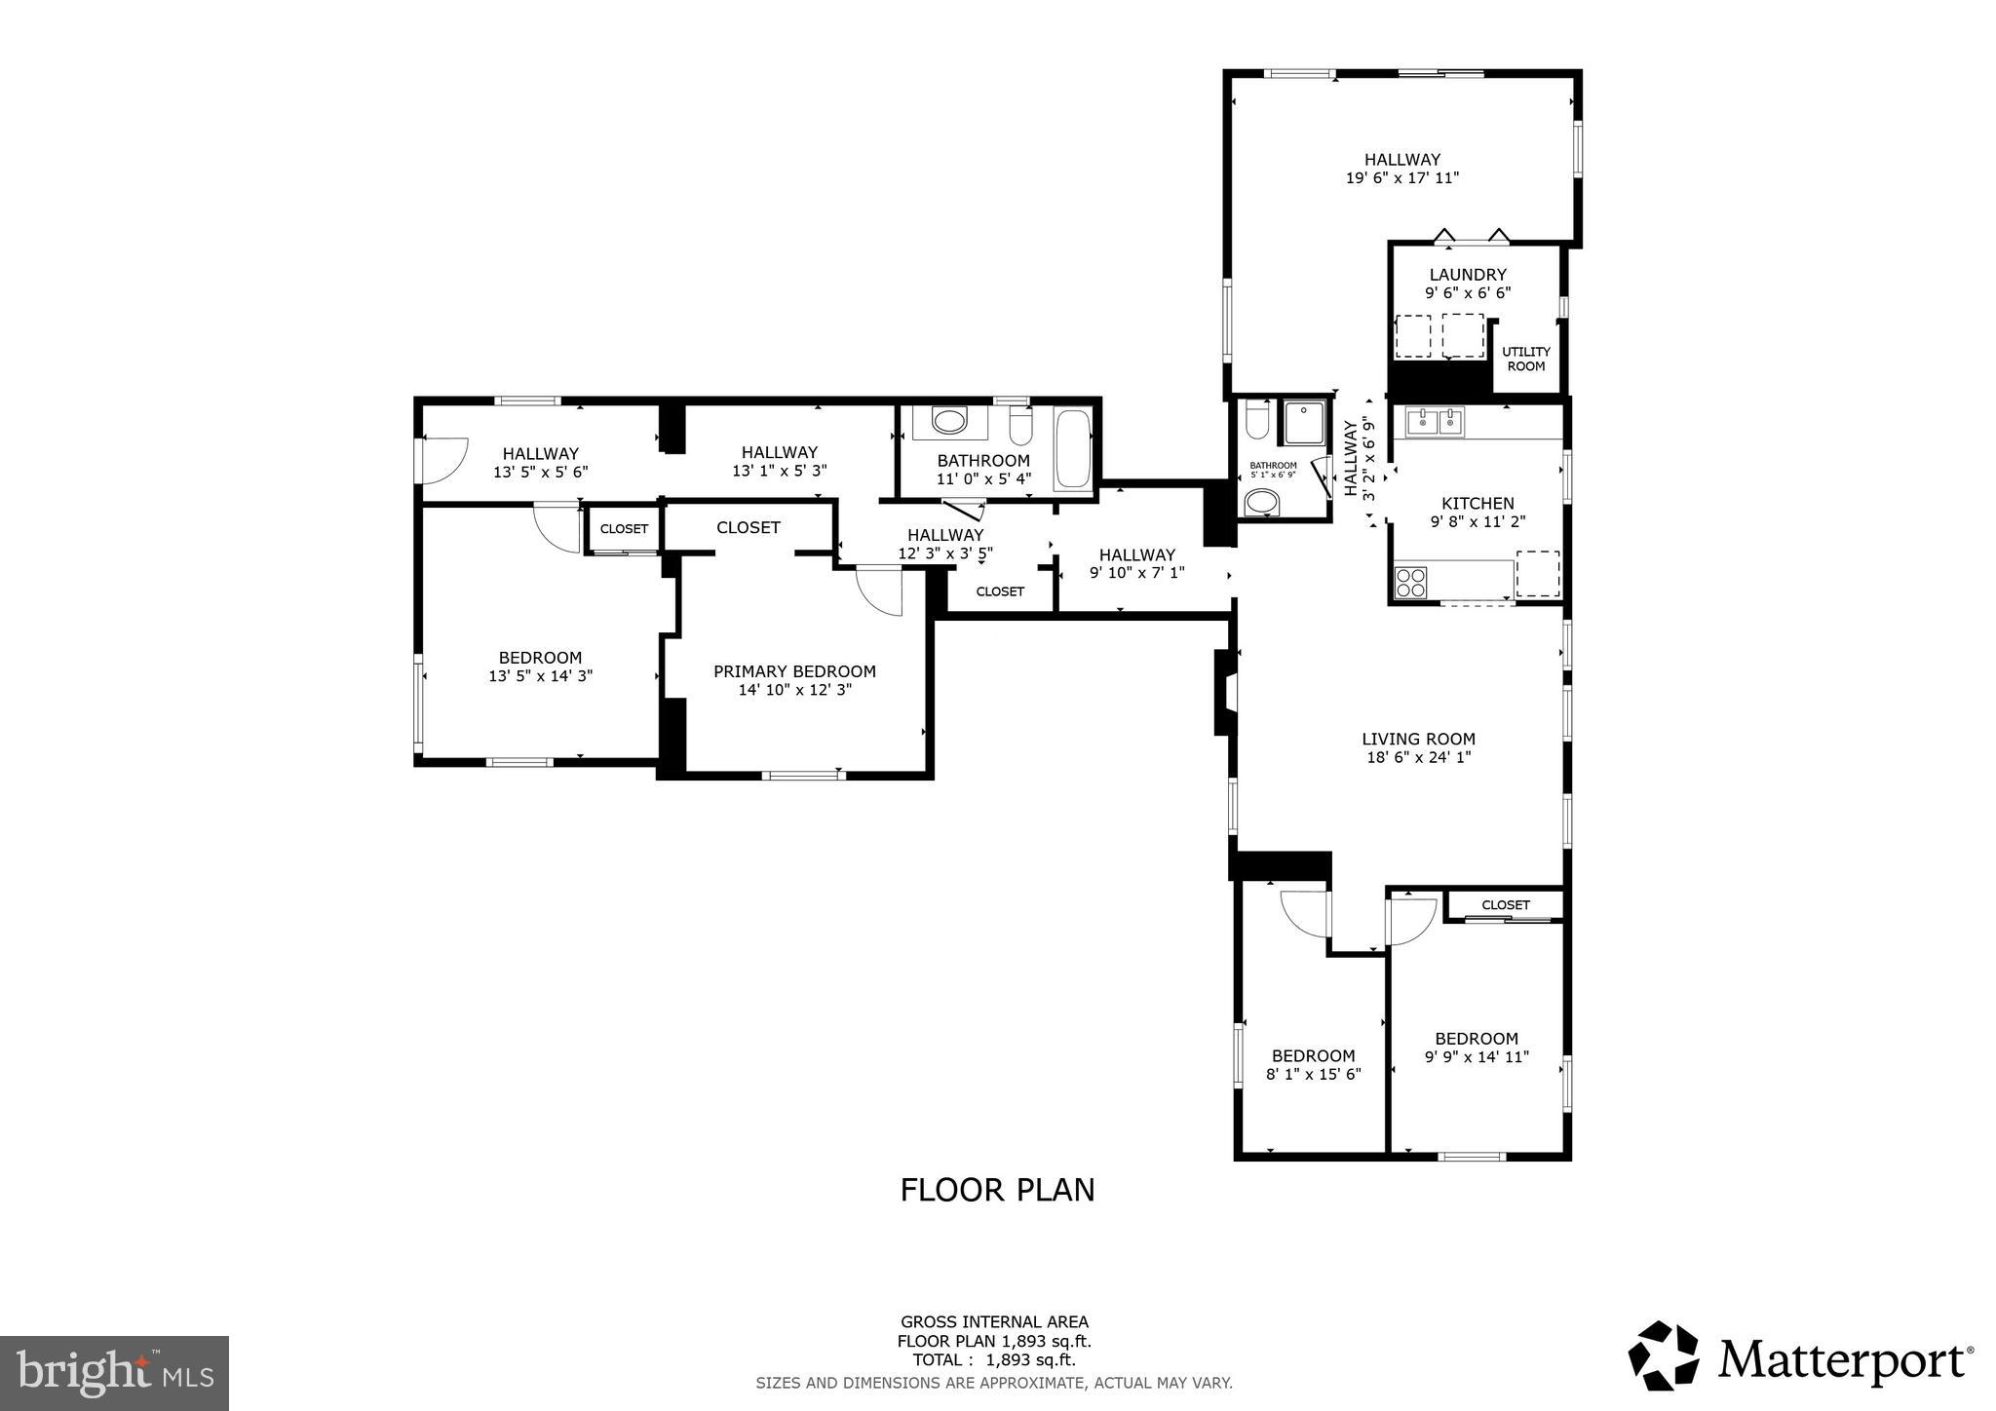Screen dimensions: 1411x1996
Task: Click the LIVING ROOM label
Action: click(1418, 739)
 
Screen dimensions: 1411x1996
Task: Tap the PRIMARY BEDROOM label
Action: click(794, 671)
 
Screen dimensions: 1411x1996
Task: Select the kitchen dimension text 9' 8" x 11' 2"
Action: click(1478, 521)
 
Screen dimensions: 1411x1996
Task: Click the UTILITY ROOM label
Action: click(1525, 359)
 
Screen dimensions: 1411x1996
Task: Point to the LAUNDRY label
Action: click(1468, 275)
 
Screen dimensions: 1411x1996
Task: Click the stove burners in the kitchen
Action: click(1410, 582)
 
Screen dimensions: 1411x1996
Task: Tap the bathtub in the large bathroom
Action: click(1073, 449)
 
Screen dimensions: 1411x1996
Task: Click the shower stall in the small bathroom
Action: click(1304, 422)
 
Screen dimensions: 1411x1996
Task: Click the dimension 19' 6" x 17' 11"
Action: click(1401, 178)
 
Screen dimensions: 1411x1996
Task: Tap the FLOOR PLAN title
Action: click(997, 1190)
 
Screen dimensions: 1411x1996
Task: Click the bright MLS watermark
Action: click(115, 1372)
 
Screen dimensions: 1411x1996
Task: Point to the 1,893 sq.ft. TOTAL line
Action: click(993, 1360)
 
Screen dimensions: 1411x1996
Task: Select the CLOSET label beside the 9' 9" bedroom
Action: click(1505, 904)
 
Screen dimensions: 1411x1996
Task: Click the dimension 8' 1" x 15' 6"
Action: click(1313, 1074)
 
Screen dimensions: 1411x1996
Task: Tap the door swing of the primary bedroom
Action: click(880, 592)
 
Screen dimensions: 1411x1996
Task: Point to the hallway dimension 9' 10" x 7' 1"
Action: click(1136, 573)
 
